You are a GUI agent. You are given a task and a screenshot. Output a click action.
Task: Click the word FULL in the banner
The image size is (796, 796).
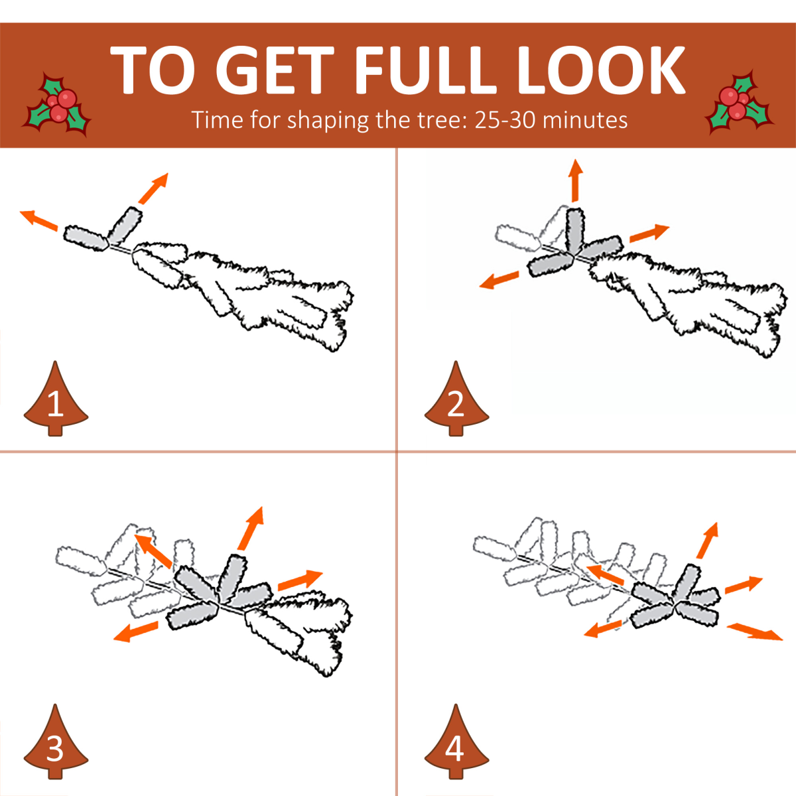click(x=425, y=70)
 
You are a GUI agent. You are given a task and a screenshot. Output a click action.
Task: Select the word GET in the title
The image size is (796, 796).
click(x=275, y=70)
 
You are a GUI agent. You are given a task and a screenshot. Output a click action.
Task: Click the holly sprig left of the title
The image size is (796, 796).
click(x=56, y=104)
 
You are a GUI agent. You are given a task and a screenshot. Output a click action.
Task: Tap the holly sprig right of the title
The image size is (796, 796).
click(x=740, y=103)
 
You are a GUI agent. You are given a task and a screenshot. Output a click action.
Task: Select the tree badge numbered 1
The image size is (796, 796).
click(x=56, y=399)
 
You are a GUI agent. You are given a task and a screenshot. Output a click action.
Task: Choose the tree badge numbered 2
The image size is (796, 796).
click(x=456, y=399)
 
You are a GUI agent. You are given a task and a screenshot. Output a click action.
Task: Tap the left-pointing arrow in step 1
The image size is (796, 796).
click(x=39, y=220)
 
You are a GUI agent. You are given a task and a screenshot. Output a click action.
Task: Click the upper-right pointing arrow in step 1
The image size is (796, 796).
click(x=154, y=188)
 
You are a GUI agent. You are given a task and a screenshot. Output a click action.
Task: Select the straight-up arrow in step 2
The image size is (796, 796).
click(x=575, y=180)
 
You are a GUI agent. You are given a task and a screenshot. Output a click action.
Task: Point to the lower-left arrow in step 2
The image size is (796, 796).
click(x=499, y=280)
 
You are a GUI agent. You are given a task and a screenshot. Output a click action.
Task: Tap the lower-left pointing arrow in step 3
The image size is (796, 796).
click(x=135, y=631)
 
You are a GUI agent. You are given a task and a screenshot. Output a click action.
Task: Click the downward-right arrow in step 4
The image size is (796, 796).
click(x=754, y=632)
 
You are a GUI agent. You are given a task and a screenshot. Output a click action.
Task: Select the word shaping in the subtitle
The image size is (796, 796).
click(x=328, y=121)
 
